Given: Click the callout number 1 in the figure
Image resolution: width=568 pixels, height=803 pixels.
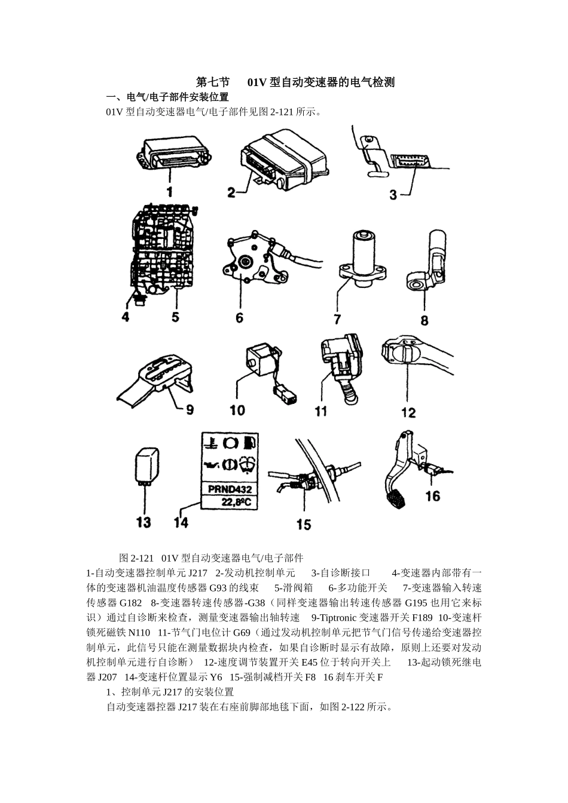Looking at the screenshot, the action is coord(170,191).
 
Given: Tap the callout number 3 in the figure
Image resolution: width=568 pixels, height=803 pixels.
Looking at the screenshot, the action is coord(392,194).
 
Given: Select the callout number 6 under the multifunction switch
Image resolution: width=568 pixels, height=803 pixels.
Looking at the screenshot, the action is coord(239,317).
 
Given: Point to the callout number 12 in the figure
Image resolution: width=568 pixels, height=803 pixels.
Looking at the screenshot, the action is coord(408,412).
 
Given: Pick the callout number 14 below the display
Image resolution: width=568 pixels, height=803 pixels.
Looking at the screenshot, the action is coord(181,522).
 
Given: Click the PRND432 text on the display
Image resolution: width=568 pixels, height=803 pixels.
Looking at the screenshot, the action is coord(229,489).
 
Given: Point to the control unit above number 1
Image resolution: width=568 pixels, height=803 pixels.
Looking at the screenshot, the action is coord(173,152).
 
